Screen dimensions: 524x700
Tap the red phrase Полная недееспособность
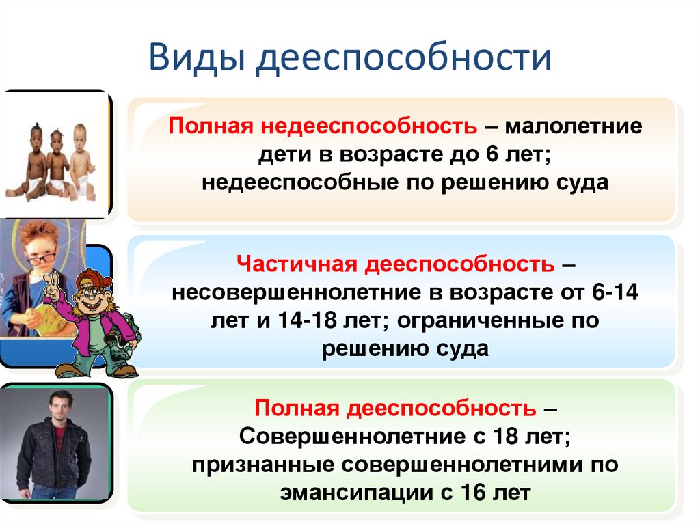click(323, 128)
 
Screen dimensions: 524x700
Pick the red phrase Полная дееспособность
click(396, 409)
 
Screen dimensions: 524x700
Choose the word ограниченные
click(496, 320)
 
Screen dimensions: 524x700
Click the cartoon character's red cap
click(92, 279)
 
